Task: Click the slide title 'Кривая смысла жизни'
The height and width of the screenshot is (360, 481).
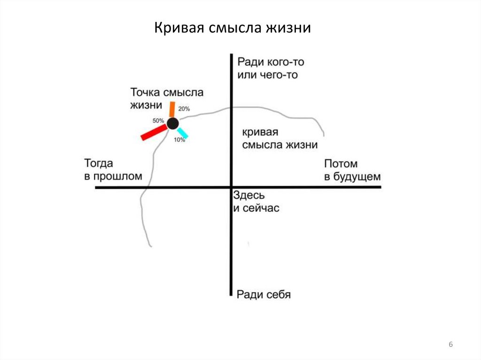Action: point(233,28)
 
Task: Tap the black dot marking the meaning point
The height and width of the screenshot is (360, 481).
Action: point(172,123)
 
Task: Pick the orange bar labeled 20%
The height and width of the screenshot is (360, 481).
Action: point(172,109)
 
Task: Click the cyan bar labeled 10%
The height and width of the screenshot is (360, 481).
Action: point(182,133)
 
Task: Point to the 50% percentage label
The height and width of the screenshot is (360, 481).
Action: point(158,121)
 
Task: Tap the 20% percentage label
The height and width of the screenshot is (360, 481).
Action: point(184,109)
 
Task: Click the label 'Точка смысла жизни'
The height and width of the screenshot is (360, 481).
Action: point(166,99)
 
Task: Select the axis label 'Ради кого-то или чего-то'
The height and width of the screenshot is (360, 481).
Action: point(268,68)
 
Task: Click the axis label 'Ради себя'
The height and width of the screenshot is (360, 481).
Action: point(264,294)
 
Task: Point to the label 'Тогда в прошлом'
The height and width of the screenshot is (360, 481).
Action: point(113,170)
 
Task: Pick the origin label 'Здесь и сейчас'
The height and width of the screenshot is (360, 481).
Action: point(256,201)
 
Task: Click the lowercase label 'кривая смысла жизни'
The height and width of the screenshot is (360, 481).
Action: point(280,138)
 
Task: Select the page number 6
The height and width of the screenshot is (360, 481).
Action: point(451,345)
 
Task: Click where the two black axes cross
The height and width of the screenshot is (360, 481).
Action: point(231,187)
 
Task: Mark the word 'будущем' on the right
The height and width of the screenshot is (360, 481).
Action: point(359,176)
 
